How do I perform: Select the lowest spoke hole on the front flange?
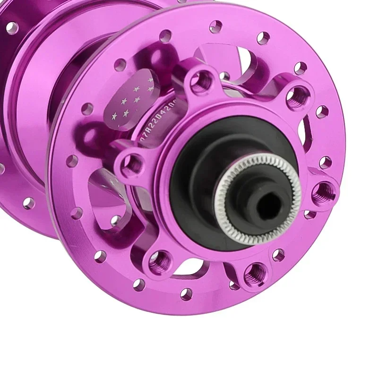187,294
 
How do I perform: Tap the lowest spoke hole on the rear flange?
28,203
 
